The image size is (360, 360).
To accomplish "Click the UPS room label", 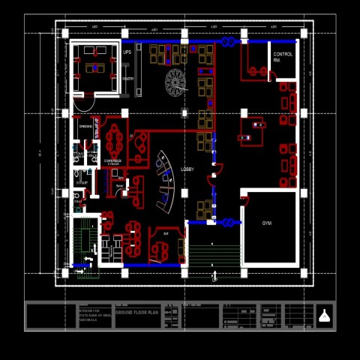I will click(x=127, y=52).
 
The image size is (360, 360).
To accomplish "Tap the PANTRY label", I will click(x=128, y=79).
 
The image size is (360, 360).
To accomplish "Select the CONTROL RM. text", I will click(x=283, y=57).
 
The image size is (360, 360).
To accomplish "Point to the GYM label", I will click(x=267, y=223).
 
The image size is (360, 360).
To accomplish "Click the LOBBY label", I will click(x=187, y=169).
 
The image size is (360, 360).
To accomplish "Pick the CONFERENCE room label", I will click(x=112, y=160).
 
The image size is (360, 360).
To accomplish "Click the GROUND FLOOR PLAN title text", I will click(x=137, y=311).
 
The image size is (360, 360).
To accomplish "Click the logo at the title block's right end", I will click(x=324, y=316).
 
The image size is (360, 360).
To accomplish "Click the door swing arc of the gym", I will click(x=244, y=199).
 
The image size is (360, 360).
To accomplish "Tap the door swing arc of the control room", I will click(x=274, y=72).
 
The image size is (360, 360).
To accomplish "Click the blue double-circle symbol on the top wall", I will click(x=227, y=42).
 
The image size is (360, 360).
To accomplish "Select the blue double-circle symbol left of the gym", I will click(x=227, y=222).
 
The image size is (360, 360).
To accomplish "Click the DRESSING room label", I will click(x=85, y=127).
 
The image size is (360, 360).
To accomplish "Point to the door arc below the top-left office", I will click(x=84, y=103).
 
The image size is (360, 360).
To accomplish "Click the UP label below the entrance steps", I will click(x=214, y=279).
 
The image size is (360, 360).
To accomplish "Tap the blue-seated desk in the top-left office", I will click(x=94, y=68).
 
